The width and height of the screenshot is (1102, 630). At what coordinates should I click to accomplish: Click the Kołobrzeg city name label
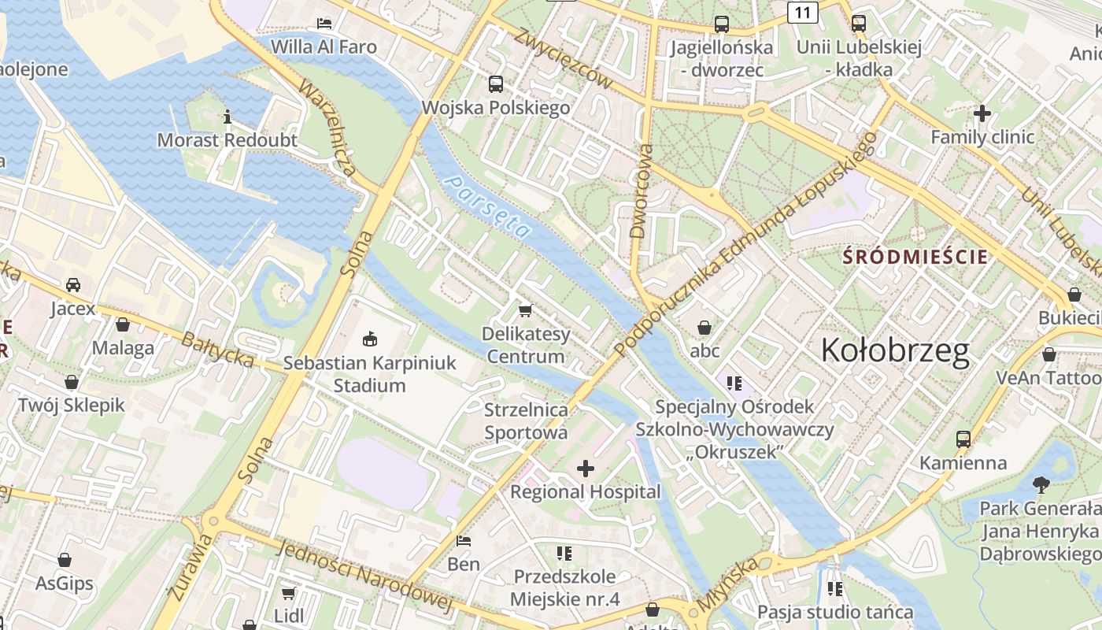click(x=895, y=350)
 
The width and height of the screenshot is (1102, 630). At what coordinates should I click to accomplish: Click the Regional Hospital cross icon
click(x=586, y=469)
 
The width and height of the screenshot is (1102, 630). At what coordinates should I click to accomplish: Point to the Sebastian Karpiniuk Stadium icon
click(x=368, y=339)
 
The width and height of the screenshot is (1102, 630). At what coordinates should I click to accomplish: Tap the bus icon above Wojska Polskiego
click(x=496, y=84)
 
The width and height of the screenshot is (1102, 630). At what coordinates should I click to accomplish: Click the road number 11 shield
click(x=802, y=13)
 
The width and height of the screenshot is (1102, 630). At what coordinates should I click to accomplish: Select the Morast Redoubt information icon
click(x=227, y=117)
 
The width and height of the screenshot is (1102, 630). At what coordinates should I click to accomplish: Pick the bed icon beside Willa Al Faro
click(x=324, y=23)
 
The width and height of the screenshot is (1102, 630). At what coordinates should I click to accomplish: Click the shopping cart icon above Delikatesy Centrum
click(x=525, y=310)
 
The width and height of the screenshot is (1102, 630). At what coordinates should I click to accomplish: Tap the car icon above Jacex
click(x=73, y=284)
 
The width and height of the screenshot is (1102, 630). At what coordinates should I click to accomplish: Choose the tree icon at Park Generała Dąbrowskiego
click(x=1041, y=484)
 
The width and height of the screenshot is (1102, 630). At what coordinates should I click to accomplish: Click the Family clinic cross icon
click(x=982, y=113)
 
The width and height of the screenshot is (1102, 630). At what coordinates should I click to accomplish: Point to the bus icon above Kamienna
click(x=963, y=439)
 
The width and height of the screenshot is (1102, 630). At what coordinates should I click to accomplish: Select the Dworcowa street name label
click(x=642, y=191)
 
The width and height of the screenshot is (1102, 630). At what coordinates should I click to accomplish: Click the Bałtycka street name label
click(x=217, y=350)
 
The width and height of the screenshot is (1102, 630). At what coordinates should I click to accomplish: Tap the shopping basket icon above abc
click(x=704, y=326)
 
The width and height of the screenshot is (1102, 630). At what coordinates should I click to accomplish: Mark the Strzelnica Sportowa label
click(x=526, y=421)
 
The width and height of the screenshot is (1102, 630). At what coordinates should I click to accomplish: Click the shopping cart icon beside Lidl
click(x=289, y=592)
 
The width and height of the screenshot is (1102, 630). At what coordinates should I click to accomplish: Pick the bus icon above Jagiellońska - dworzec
click(x=722, y=24)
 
